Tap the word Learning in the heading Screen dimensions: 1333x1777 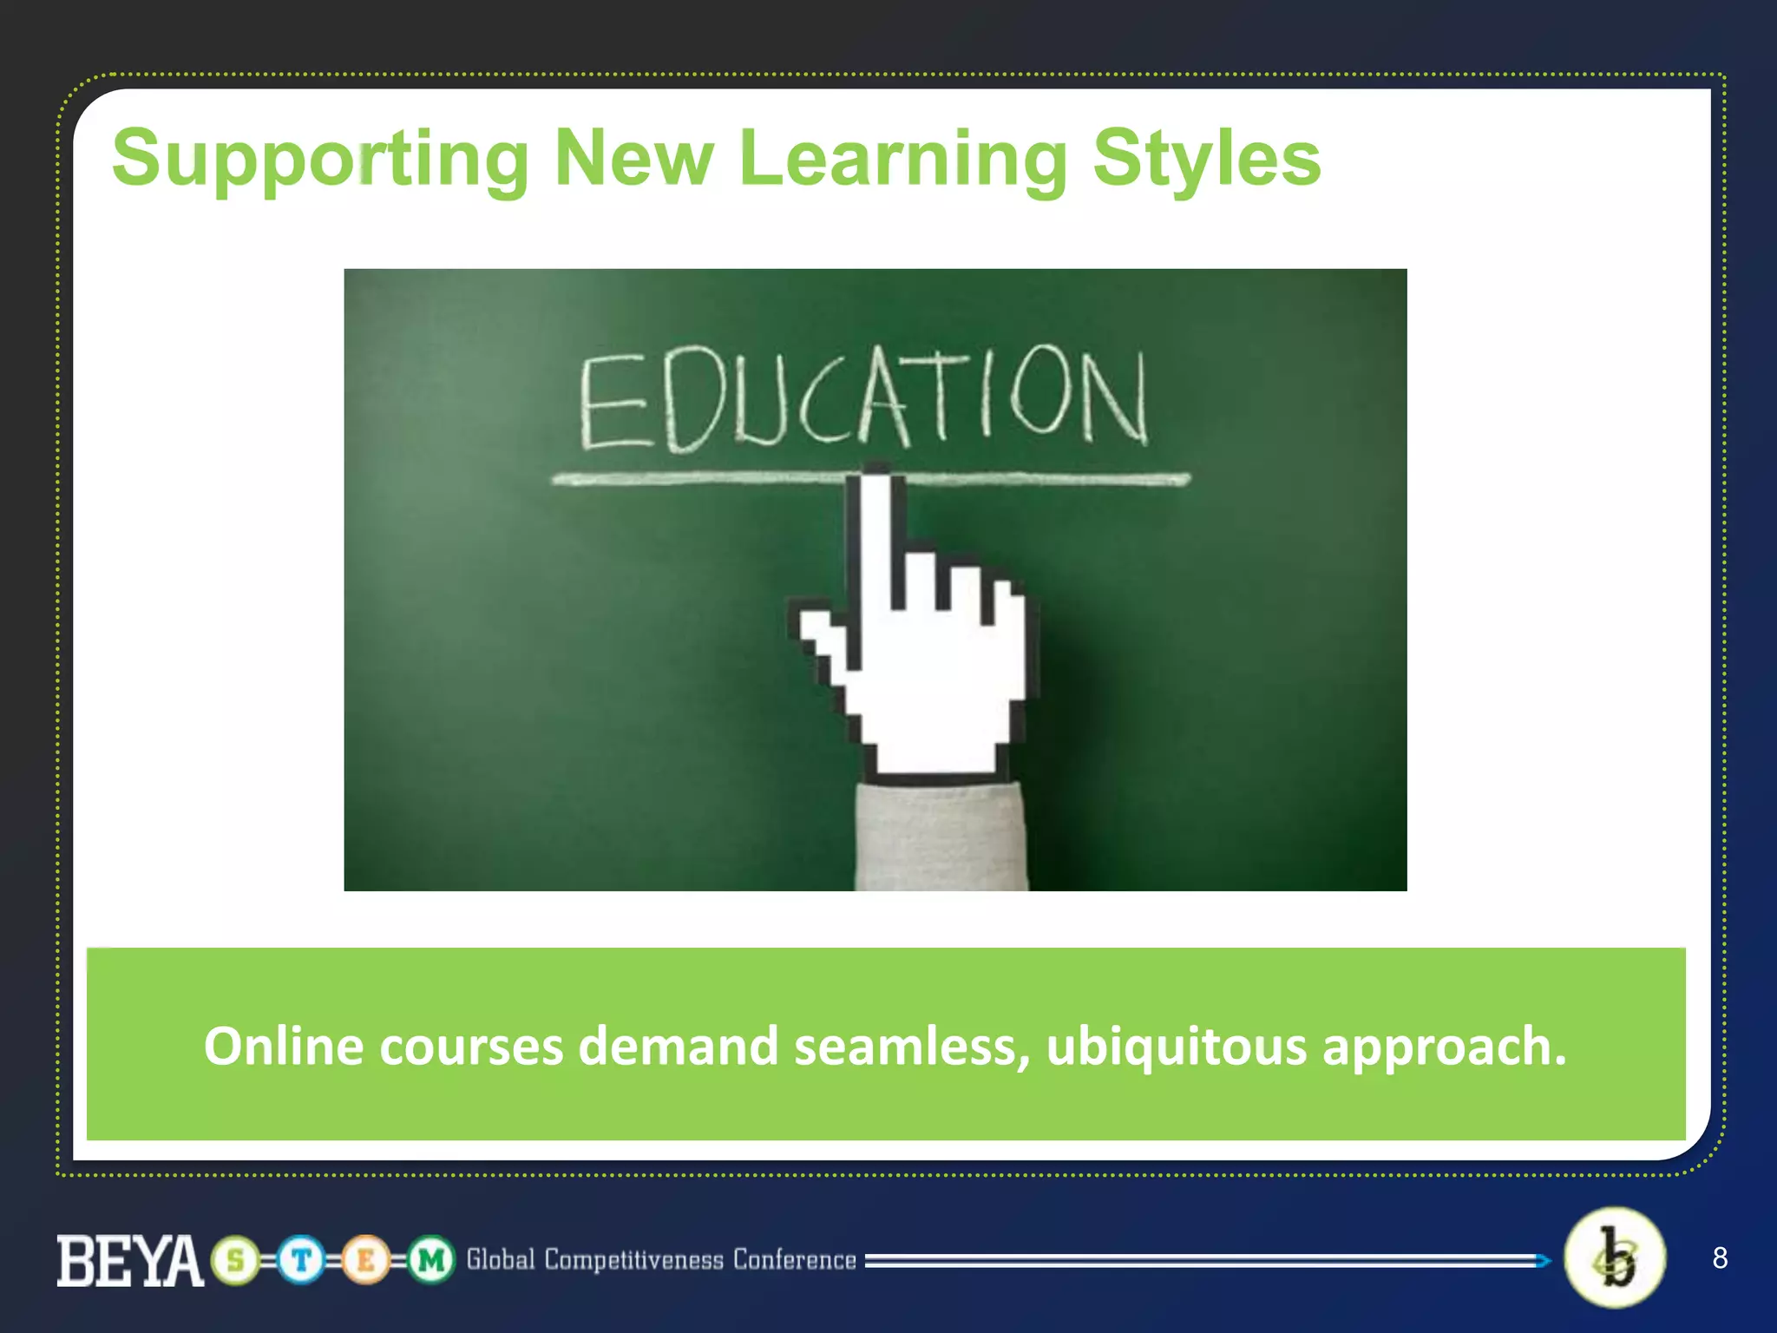[902, 159]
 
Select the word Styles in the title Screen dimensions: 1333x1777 [1206, 159]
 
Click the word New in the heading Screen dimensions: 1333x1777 [633, 159]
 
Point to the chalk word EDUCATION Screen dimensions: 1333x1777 [863, 399]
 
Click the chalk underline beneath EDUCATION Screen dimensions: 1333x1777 [694, 478]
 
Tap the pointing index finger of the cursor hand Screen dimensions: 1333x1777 [876, 538]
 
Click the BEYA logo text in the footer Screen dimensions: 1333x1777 [130, 1260]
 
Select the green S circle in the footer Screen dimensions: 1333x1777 [236, 1260]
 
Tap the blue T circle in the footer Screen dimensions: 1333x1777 [301, 1260]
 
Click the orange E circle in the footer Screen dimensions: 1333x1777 [366, 1260]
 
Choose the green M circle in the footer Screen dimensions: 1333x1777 [431, 1260]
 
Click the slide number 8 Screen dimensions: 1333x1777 [1720, 1257]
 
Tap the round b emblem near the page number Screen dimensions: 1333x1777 [1615, 1257]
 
